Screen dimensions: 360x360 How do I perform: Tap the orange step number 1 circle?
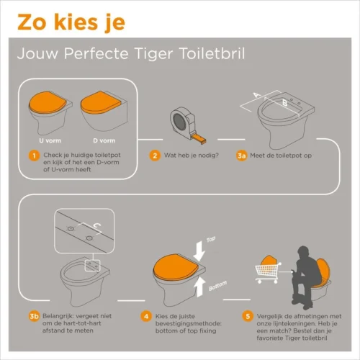[x=33, y=155]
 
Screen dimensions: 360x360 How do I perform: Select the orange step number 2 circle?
[x=155, y=155]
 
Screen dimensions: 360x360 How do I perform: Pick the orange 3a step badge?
[x=242, y=155]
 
